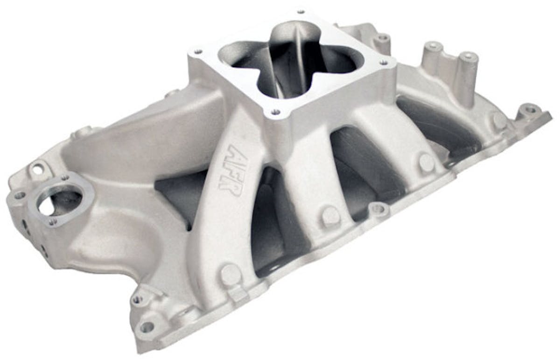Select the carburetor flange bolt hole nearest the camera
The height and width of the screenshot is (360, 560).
pos(276,112)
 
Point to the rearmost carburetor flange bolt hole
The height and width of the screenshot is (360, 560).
pos(300,11)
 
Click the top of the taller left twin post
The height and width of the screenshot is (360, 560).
pos(434,46)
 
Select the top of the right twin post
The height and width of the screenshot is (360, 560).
pos(468,58)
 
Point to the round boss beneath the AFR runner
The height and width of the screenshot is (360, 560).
pos(231,273)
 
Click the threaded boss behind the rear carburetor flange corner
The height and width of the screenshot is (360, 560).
pos(383,37)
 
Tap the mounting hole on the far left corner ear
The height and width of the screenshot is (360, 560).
pos(19,195)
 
